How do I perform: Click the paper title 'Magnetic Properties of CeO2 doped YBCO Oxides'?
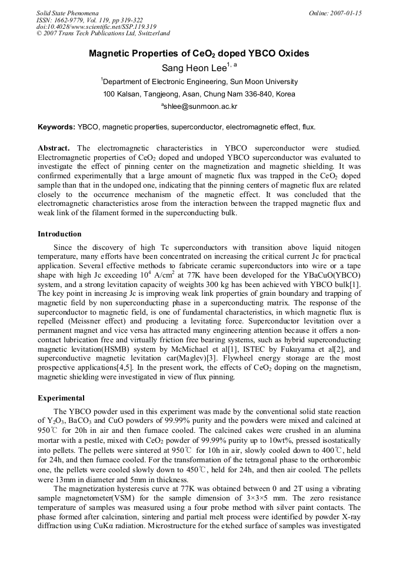coord(199,54)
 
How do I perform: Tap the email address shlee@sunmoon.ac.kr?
coord(200,107)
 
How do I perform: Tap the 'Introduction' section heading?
coord(60,234)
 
